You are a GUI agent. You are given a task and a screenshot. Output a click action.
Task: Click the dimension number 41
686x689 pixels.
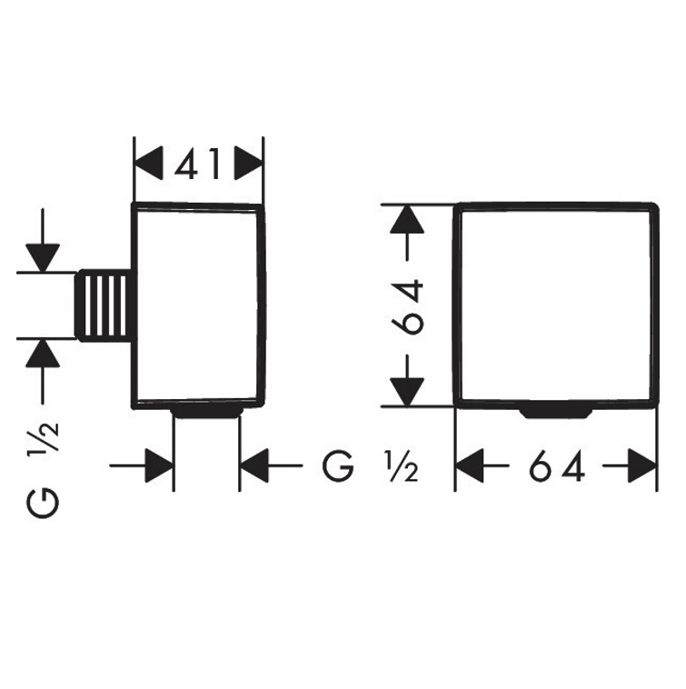tap(198, 165)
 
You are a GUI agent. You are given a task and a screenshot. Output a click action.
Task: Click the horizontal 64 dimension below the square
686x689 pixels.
tap(555, 468)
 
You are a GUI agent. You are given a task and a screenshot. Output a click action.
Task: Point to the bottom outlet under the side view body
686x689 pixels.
tap(206, 413)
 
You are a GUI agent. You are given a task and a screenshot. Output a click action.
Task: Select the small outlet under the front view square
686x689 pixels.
tap(555, 413)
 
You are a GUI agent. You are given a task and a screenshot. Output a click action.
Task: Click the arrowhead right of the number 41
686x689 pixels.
tap(247, 165)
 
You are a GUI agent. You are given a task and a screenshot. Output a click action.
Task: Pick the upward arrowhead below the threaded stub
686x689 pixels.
tap(43, 353)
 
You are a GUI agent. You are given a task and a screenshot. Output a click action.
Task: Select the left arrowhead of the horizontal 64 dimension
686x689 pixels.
tap(470, 468)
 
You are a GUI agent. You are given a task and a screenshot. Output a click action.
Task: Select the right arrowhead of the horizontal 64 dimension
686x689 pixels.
tap(641, 468)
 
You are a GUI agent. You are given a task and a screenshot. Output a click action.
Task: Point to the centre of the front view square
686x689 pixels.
tap(554, 305)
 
